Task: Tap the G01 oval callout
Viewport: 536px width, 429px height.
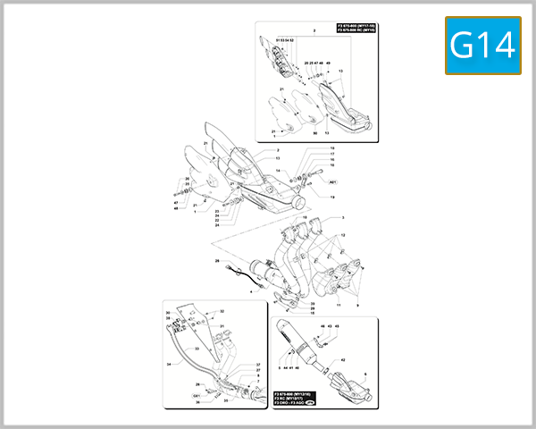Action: (x=197, y=393)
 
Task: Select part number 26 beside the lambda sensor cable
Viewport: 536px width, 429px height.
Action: (x=216, y=261)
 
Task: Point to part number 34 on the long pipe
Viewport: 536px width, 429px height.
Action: (x=167, y=365)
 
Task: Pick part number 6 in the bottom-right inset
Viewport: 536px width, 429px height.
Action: (x=365, y=374)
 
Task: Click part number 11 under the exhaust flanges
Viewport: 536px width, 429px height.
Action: (x=339, y=304)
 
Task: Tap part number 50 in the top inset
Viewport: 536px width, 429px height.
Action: (x=315, y=131)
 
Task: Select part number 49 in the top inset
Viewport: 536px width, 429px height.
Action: (x=328, y=63)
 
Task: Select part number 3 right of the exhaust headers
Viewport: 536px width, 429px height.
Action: (x=341, y=217)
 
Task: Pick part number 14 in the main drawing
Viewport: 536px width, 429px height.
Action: (x=278, y=170)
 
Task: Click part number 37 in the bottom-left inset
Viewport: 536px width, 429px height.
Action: (x=258, y=365)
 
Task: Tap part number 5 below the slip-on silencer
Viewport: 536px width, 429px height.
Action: (x=279, y=368)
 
